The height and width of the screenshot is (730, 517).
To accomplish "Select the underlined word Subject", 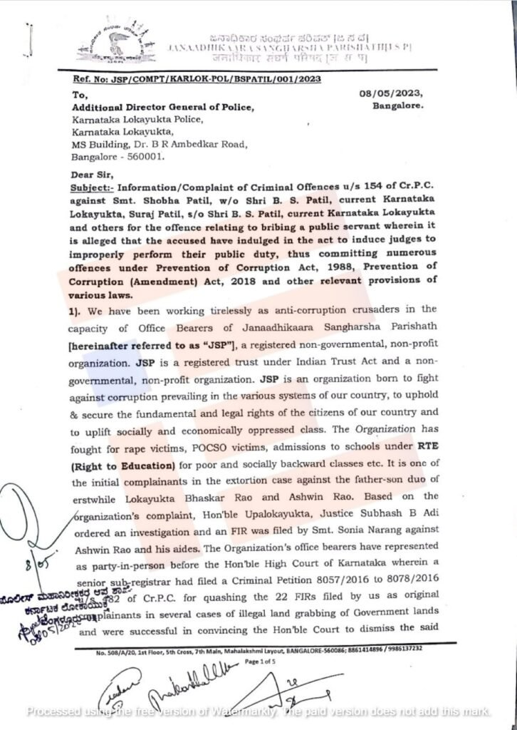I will [x=91, y=187].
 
